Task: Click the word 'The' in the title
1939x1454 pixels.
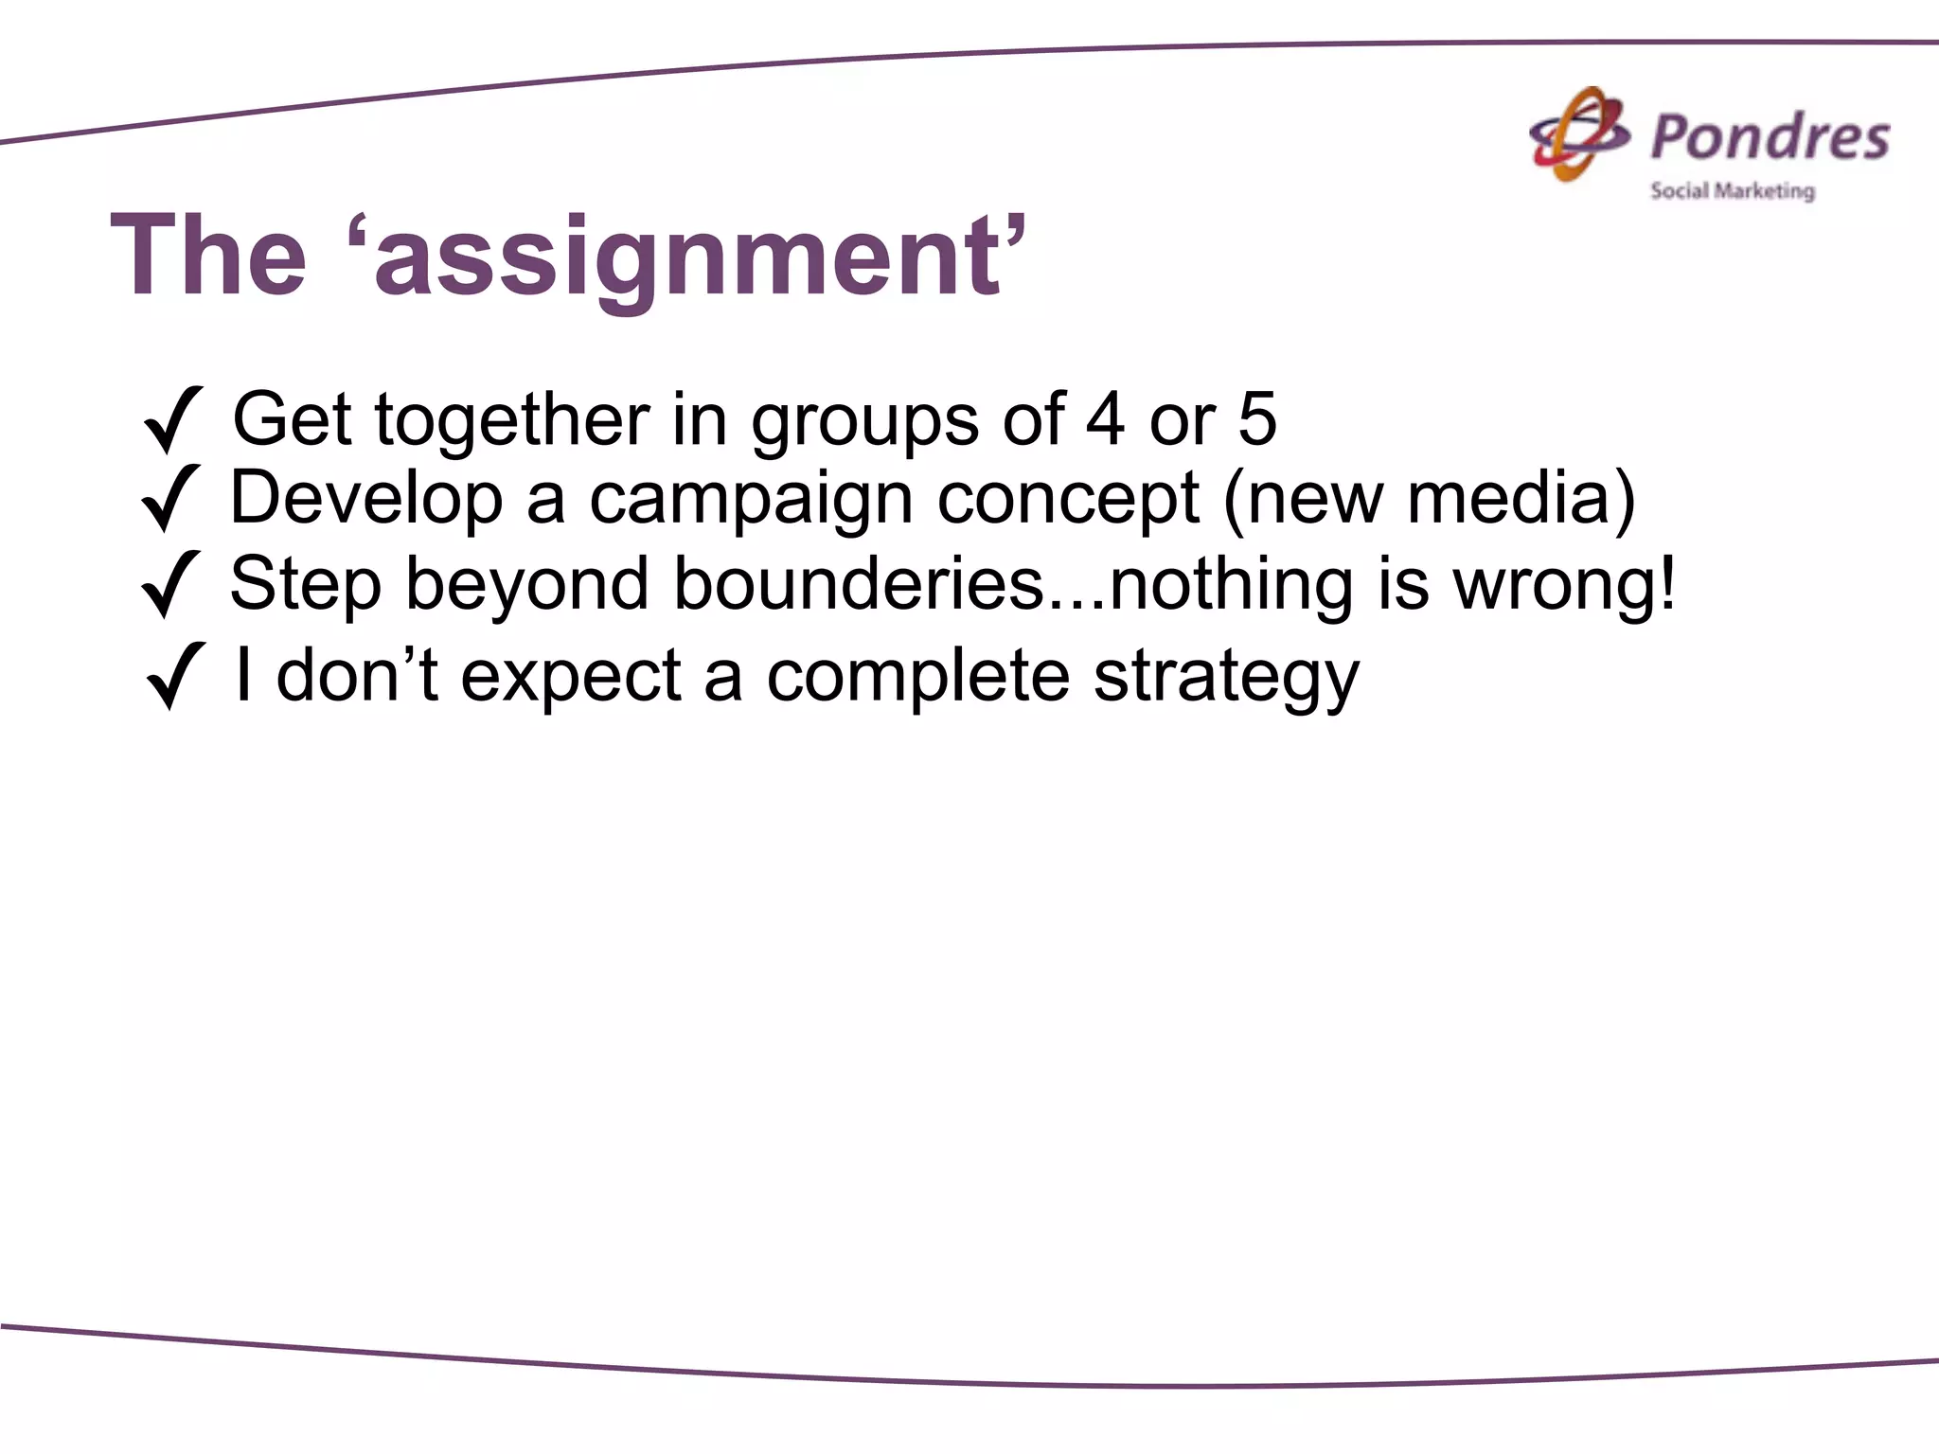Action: tap(209, 256)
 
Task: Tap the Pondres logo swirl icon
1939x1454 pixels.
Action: tap(1578, 134)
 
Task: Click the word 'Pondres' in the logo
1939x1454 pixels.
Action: tap(1770, 136)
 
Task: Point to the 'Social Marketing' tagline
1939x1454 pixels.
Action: tap(1732, 191)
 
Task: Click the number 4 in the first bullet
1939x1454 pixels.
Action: tap(1105, 419)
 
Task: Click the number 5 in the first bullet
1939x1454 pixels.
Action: tap(1256, 419)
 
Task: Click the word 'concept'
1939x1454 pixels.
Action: tap(1067, 500)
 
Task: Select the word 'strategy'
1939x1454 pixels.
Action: tap(1226, 678)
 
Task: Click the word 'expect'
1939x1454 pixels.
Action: tap(571, 678)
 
